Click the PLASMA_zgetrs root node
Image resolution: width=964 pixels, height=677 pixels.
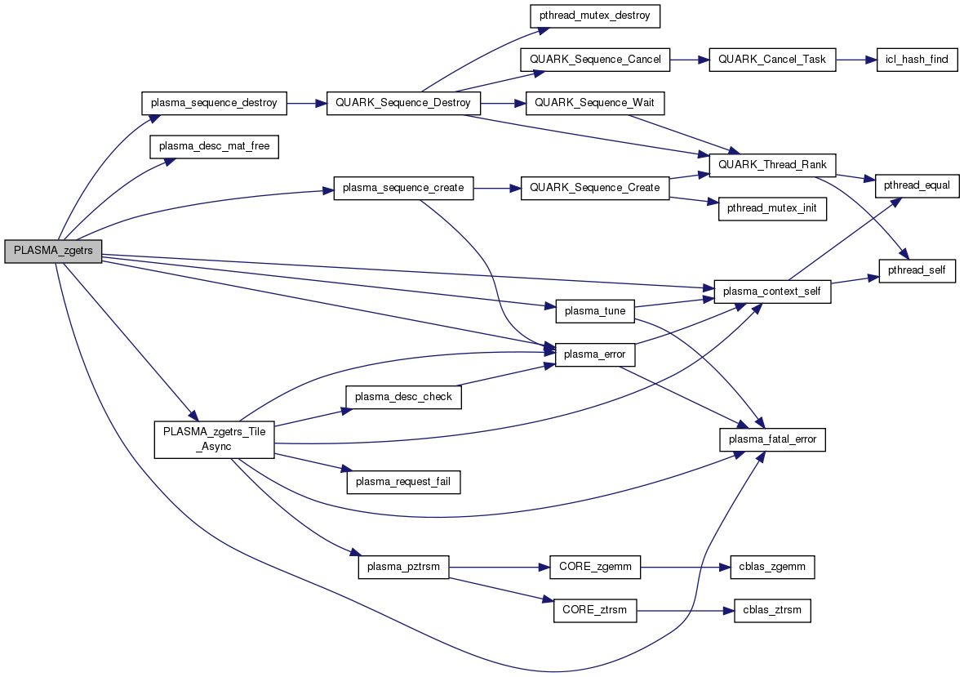(x=53, y=252)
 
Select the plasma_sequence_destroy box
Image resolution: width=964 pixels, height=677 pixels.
(x=215, y=104)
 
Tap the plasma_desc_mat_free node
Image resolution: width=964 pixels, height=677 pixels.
(x=215, y=147)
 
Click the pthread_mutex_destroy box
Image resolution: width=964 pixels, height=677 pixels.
(x=594, y=16)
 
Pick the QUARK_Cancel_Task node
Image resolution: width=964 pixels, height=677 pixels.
(x=773, y=60)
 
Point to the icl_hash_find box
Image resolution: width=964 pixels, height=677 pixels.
(x=917, y=60)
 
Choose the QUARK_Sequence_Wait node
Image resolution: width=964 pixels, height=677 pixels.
(x=596, y=103)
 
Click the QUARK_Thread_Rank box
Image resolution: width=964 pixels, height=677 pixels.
(x=773, y=164)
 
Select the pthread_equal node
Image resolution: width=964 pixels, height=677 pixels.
(x=917, y=185)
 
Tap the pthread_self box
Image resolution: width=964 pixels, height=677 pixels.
(x=917, y=269)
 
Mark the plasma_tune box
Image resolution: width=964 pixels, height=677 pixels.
(x=594, y=311)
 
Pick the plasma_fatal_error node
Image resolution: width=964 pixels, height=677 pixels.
(x=773, y=439)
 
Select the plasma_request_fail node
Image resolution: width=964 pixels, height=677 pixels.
(x=404, y=483)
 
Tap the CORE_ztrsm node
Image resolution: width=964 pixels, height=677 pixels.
(x=594, y=610)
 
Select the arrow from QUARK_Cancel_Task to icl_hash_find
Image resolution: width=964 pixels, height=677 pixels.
(x=855, y=60)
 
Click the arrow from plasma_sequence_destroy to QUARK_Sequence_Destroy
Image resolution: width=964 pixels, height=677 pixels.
(x=307, y=104)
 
